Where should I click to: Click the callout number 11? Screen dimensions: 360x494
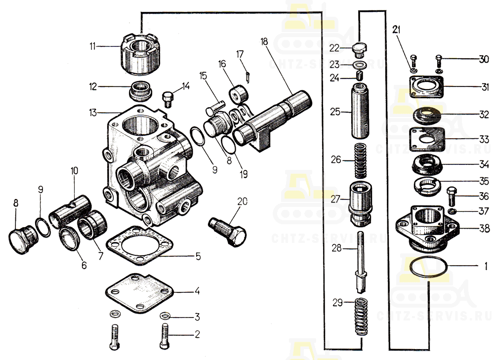coord(92,46)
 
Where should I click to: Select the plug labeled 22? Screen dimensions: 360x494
coord(361,49)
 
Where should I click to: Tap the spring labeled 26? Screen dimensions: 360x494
coord(361,160)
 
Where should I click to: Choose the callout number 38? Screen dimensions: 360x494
coord(484,229)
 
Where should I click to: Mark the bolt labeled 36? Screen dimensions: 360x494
coord(452,197)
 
